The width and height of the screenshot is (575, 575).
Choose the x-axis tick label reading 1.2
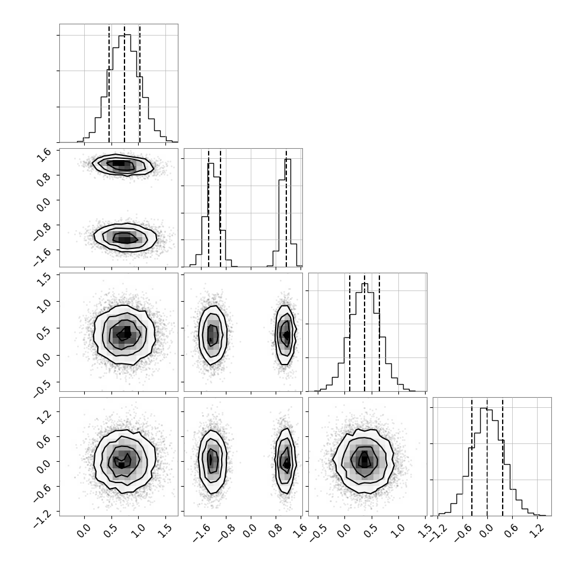(x=537, y=531)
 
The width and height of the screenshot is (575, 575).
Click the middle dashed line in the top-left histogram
(x=124, y=84)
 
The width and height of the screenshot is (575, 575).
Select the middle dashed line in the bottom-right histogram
(x=487, y=456)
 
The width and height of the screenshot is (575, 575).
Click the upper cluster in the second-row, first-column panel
(x=123, y=165)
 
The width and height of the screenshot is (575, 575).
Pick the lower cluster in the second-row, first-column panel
(x=126, y=238)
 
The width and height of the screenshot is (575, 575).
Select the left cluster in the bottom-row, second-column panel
(x=212, y=461)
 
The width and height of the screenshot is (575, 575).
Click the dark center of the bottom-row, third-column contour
(x=364, y=460)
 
